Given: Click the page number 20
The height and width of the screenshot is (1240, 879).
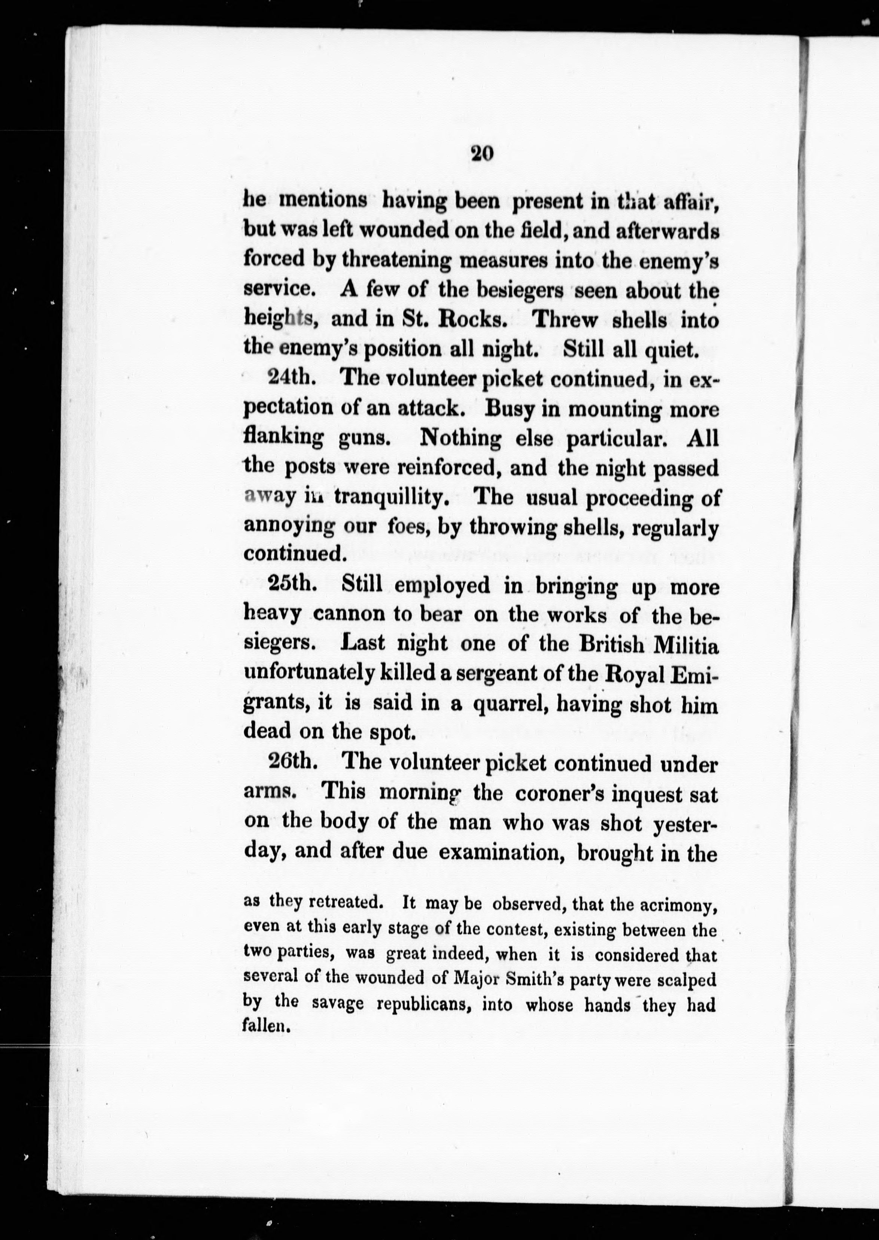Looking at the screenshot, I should [x=481, y=154].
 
